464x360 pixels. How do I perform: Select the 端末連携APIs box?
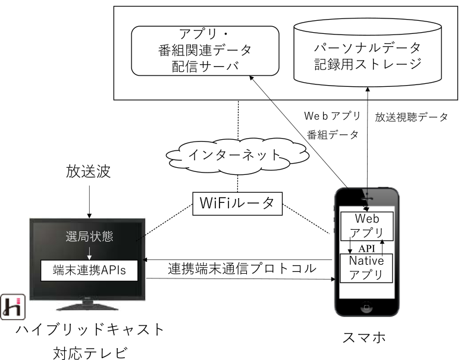(87, 271)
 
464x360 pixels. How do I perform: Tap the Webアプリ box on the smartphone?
(366, 224)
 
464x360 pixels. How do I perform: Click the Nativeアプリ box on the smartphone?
(366, 267)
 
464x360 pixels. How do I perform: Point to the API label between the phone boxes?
(367, 246)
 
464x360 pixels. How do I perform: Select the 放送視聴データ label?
(411, 117)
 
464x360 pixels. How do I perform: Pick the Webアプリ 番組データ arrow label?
(334, 124)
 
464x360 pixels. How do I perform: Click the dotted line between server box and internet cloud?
(238, 119)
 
